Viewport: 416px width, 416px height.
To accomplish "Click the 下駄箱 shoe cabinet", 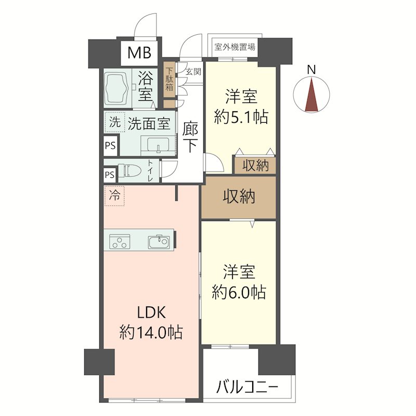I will point(170,79).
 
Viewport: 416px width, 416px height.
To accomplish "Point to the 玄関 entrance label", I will point(193,71).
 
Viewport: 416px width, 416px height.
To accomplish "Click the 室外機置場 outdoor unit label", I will point(234,47).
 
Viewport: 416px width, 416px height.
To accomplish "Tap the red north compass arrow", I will point(311,95).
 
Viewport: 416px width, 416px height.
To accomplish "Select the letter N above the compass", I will point(311,69).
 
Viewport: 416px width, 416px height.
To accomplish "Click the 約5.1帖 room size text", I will point(241,116).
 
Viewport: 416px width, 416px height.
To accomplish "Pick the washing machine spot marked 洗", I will point(113,123).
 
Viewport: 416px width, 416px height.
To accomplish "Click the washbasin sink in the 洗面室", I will point(157,145).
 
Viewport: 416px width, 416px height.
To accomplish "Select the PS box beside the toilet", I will point(110,175).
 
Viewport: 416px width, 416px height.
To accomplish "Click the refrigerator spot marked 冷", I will point(114,196).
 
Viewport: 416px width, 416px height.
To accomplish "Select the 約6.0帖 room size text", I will point(239,292).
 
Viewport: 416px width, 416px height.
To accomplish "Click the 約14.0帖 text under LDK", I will point(151,331).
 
